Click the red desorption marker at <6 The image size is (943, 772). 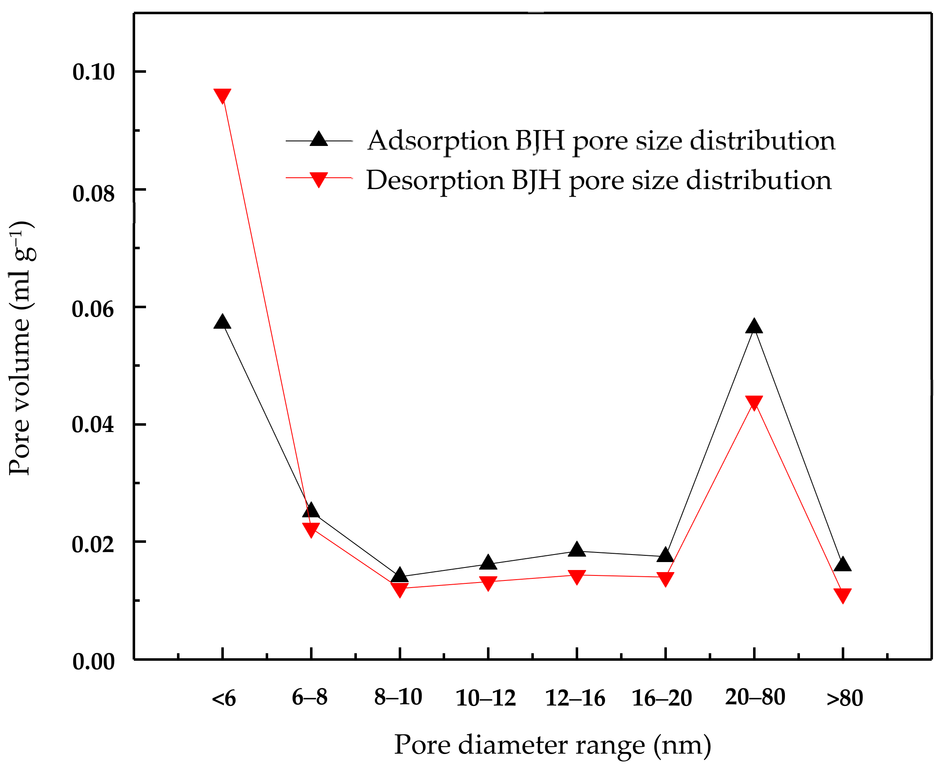(x=222, y=96)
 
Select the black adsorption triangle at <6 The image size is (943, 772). (x=222, y=322)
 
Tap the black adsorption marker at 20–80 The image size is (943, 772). (x=754, y=327)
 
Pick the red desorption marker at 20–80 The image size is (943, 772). (x=754, y=402)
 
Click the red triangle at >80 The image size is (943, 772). (x=843, y=596)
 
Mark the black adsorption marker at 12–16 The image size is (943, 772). (x=577, y=550)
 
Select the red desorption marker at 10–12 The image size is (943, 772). (x=488, y=583)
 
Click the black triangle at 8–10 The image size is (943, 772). (x=400, y=575)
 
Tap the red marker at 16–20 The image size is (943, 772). (x=665, y=579)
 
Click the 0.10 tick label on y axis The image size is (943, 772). (x=93, y=72)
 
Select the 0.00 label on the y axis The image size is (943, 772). (x=93, y=662)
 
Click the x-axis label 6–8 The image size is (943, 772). (x=310, y=697)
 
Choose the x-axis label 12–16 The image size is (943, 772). (x=575, y=698)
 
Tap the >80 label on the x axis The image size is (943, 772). (x=844, y=698)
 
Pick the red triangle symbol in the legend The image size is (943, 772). (x=318, y=180)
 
